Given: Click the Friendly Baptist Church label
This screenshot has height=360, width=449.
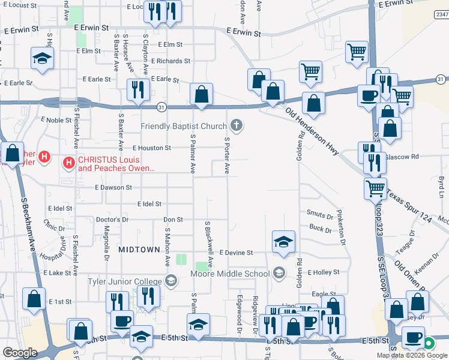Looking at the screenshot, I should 184,126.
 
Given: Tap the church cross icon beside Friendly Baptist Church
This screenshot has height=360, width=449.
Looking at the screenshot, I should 237,125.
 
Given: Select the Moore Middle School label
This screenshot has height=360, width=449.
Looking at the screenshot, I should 230,274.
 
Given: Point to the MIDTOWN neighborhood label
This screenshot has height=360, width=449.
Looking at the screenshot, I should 139,249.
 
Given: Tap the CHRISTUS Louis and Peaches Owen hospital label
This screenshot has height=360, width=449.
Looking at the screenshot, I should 116,164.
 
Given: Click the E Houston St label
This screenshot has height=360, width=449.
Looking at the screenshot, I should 152,148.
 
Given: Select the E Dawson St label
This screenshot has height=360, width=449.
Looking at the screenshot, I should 113,187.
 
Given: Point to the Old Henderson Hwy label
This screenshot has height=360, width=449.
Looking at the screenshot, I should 313,131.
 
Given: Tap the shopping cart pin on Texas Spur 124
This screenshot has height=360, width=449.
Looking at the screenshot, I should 375,188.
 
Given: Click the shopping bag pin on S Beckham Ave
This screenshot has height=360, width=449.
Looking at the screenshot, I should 11,153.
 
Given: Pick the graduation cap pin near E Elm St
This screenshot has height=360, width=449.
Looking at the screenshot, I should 43,58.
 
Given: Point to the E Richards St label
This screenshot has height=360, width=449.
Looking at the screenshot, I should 170,61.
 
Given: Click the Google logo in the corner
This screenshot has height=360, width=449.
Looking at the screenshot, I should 20,353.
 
